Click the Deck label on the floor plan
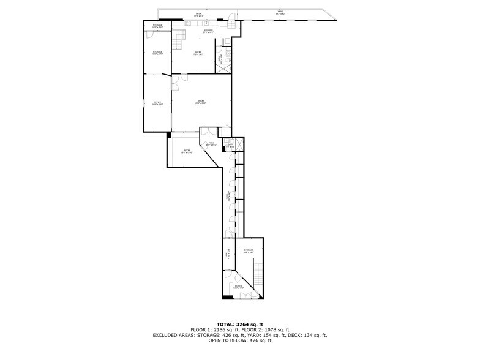[x=198, y=14]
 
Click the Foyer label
[x=239, y=286]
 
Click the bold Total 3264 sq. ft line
[x=239, y=324]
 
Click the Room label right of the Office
[x=200, y=102]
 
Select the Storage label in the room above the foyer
[x=248, y=251]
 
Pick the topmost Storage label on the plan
[x=157, y=25]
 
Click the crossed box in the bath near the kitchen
[x=226, y=68]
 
